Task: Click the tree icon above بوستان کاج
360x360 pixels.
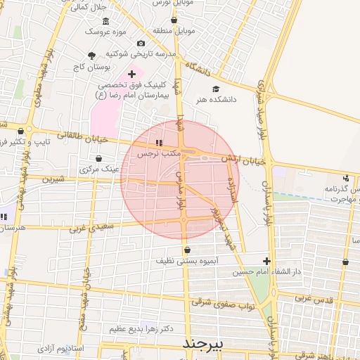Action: [91, 56]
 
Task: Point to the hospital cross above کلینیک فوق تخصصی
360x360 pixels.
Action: [131, 74]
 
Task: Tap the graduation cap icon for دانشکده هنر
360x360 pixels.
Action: [216, 89]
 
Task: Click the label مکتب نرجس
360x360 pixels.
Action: [158, 153]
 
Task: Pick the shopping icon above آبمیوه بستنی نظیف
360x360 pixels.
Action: [186, 250]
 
